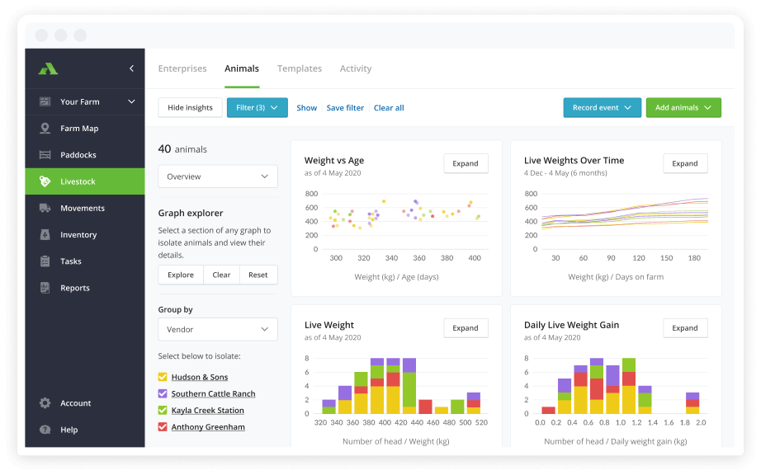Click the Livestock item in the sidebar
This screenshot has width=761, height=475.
pos(78,181)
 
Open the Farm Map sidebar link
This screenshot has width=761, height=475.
pos(79,129)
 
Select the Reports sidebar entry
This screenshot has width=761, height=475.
pos(74,288)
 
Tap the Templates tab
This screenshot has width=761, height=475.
pos(300,68)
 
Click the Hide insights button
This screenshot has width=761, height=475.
pos(190,108)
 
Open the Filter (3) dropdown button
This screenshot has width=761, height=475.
pos(257,108)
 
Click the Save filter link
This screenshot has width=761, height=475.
pos(345,108)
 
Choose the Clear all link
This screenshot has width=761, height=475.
pos(389,108)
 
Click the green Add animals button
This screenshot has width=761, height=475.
pos(683,108)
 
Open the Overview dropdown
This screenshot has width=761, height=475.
pos(218,176)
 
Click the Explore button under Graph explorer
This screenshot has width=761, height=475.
pos(181,275)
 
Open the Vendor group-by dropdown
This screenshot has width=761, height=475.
pos(218,329)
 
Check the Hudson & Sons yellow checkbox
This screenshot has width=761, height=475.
pos(163,377)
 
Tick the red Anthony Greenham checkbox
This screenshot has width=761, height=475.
pos(163,427)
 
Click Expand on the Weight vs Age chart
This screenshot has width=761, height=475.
pos(466,163)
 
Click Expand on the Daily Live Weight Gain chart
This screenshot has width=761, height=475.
pos(685,328)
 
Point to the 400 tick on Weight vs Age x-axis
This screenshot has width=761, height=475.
pos(474,258)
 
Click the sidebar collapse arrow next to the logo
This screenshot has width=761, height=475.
pos(132,68)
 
